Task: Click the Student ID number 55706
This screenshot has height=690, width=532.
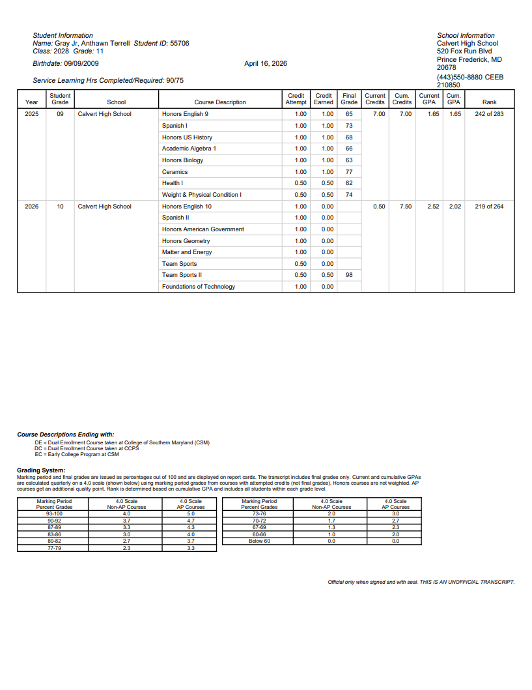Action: click(x=179, y=43)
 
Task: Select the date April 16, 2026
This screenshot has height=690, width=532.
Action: click(x=265, y=64)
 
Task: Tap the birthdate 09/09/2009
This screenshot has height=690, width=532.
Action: click(x=81, y=64)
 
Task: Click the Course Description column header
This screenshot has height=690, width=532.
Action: click(x=220, y=102)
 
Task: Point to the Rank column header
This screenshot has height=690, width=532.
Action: click(x=489, y=102)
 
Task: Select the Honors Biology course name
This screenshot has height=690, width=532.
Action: click(x=182, y=160)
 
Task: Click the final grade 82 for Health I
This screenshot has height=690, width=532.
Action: click(x=349, y=183)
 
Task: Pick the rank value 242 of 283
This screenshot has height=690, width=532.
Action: click(x=489, y=114)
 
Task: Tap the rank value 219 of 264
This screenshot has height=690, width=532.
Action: click(x=489, y=207)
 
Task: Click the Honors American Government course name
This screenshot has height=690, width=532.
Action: click(x=203, y=229)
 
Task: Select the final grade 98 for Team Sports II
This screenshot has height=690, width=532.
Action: click(x=349, y=275)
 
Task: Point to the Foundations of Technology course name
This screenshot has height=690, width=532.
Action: click(x=199, y=287)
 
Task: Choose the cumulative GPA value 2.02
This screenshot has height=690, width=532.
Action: click(x=455, y=207)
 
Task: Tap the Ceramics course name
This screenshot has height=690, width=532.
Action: click(x=175, y=172)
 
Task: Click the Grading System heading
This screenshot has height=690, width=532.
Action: click(x=41, y=470)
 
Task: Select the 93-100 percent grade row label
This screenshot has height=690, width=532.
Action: click(x=54, y=514)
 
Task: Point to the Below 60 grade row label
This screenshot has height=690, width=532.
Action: click(x=259, y=541)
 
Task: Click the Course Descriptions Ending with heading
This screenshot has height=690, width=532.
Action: click(x=65, y=434)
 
